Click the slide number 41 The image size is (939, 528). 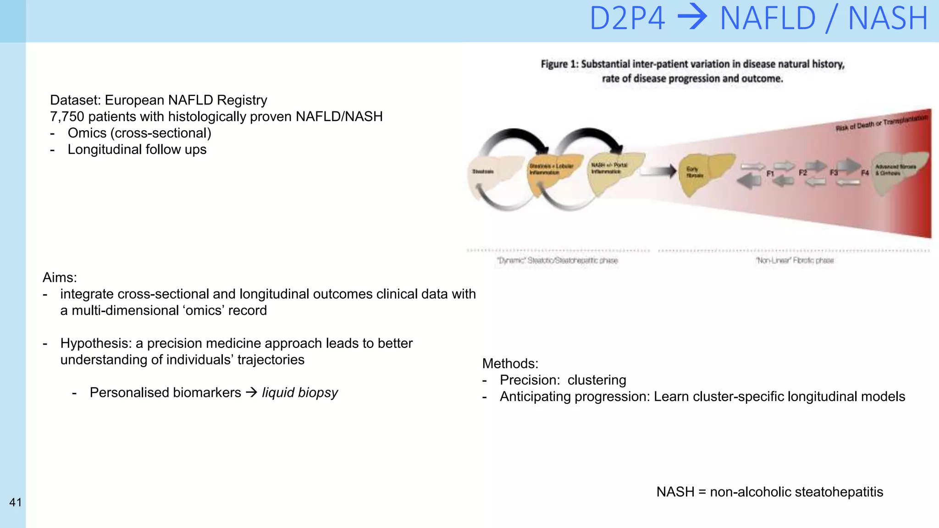click(x=16, y=502)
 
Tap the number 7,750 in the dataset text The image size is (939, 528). click(x=67, y=117)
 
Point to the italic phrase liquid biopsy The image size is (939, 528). click(x=300, y=393)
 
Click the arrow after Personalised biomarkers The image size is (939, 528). click(x=251, y=393)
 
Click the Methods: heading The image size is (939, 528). click(x=510, y=363)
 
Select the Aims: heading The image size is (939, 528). click(x=60, y=278)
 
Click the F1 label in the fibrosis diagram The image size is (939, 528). click(x=770, y=174)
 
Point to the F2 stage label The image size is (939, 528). click(x=802, y=173)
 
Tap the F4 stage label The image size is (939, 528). click(x=865, y=173)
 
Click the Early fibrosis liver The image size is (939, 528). click(x=701, y=173)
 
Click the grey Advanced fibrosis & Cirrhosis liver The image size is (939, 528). click(x=896, y=172)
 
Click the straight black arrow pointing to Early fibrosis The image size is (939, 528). click(x=658, y=172)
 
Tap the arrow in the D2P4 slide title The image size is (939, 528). click(x=692, y=18)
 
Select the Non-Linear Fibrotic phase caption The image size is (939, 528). click(x=795, y=260)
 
